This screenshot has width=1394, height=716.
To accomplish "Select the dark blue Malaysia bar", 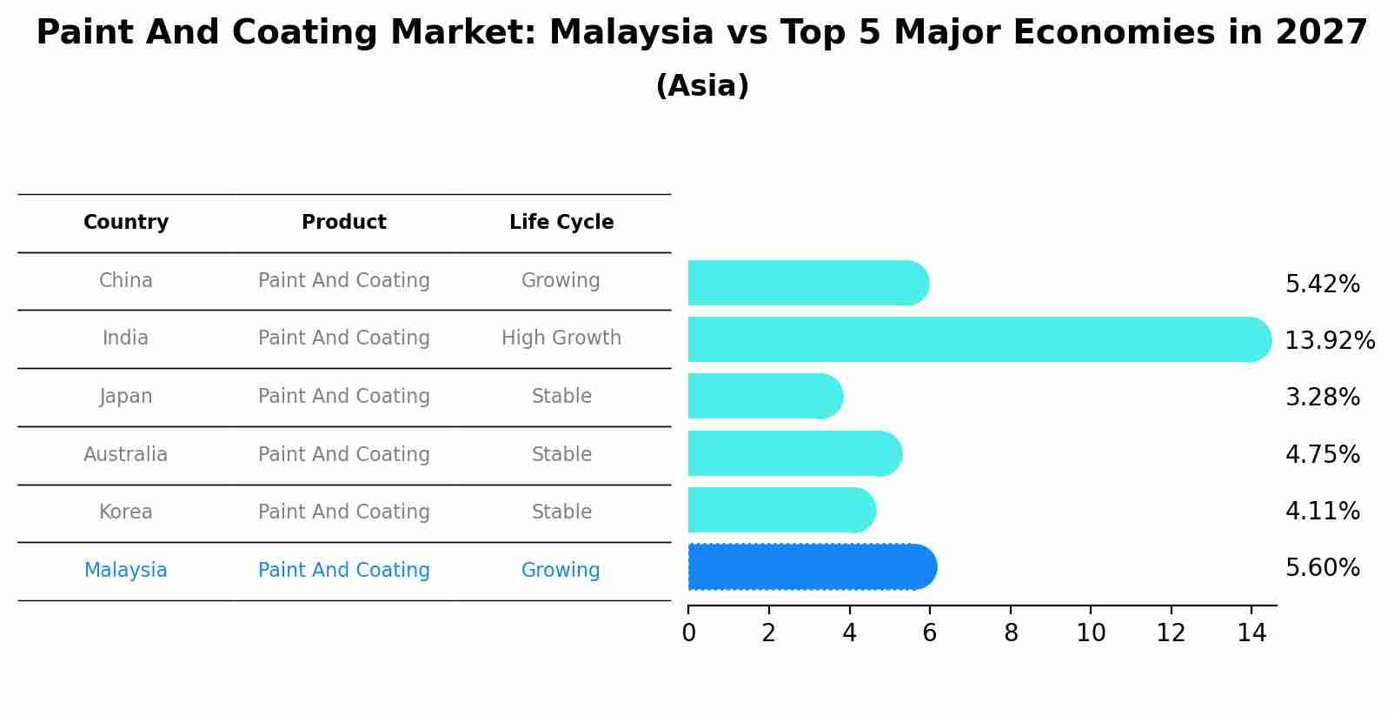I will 812,567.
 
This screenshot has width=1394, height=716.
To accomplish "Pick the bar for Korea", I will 780,510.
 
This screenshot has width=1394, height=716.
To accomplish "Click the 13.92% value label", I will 1330,340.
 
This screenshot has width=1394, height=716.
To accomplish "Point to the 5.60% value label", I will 1322,568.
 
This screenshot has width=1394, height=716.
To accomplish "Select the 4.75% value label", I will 1322,454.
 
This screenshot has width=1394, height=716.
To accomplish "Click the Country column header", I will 126,223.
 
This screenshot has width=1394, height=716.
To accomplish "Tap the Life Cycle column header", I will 561,223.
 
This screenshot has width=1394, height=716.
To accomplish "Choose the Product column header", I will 344,223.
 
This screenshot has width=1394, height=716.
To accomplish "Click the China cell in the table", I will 126,281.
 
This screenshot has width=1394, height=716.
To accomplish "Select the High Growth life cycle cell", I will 561,338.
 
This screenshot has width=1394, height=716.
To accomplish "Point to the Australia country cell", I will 126,454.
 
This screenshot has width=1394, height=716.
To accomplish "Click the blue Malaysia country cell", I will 126,571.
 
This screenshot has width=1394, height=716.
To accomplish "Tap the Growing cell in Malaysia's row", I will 561,571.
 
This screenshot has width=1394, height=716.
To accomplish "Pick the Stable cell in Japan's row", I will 561,397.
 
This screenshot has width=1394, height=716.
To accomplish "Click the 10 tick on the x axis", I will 1091,633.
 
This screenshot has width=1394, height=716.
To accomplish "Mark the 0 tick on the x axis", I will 688,633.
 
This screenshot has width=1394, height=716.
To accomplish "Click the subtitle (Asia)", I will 702,86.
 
